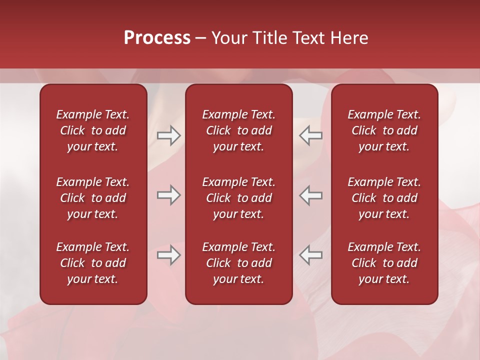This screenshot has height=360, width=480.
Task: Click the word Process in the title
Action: pos(157,38)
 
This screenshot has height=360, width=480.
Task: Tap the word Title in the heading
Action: pos(267,38)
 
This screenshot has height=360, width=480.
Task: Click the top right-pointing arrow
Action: pos(168,135)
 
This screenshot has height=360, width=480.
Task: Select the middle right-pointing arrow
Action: pos(168,195)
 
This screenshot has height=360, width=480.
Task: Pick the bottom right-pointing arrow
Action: pos(168,255)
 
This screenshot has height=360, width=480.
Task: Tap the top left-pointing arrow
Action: pos(310,135)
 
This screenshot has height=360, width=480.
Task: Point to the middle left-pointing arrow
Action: pos(310,195)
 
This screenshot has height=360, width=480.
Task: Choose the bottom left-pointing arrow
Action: pos(310,255)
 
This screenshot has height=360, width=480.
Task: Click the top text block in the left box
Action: pos(93,130)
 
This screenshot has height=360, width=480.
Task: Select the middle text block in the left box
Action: pos(93,198)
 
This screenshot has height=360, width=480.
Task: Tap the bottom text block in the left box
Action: pos(93,263)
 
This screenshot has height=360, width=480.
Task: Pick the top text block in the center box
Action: pos(238,130)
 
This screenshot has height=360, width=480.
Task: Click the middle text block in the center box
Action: pos(238,198)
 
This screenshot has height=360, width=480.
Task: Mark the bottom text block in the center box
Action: pos(238,263)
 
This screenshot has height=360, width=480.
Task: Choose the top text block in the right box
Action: pos(384,130)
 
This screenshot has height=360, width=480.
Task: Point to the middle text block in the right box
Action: pos(384,198)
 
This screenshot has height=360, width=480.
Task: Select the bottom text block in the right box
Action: pos(384,263)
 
